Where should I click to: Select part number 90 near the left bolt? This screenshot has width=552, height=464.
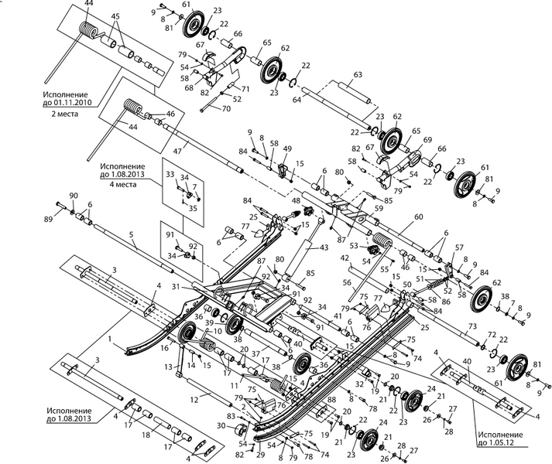(x=74, y=196)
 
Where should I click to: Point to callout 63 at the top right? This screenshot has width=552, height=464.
(x=358, y=75)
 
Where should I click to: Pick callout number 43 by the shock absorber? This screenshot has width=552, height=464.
(x=324, y=247)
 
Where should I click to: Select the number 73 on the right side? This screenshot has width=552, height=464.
(x=471, y=328)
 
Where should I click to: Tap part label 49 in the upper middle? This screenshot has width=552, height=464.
(x=286, y=149)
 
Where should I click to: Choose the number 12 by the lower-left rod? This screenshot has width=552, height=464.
(x=194, y=398)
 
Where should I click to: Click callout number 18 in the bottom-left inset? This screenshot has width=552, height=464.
(x=146, y=435)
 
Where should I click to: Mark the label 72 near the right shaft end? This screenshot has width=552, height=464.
(x=491, y=333)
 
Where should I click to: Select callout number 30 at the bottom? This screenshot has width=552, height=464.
(x=221, y=426)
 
